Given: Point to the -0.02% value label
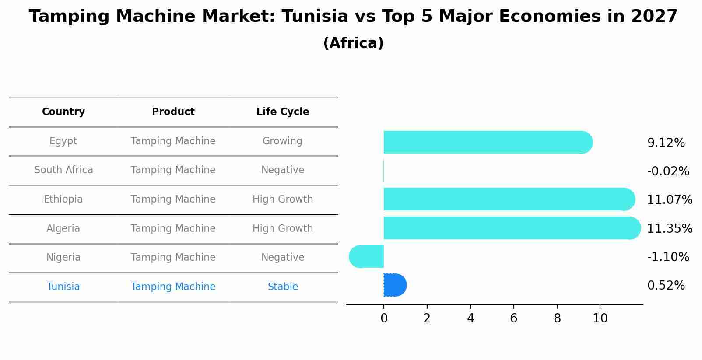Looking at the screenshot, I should [668, 171].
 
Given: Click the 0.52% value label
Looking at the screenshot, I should [666, 286].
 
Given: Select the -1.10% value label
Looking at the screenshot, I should [668, 257].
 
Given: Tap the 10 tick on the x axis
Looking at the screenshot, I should [600, 318].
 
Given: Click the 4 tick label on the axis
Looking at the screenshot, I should [470, 318].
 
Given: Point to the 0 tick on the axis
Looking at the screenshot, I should [384, 318].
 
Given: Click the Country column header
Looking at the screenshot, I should [63, 112].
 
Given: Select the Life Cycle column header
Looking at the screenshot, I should [283, 112].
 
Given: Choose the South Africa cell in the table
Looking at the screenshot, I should [63, 170].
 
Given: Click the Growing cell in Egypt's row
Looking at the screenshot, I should [282, 141].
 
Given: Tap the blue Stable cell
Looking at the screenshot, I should [283, 287].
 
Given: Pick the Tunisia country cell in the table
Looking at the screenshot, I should [63, 287].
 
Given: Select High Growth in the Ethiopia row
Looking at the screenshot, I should [283, 199].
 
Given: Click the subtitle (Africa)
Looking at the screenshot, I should [353, 43].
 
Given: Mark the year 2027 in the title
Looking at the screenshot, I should [654, 17].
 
